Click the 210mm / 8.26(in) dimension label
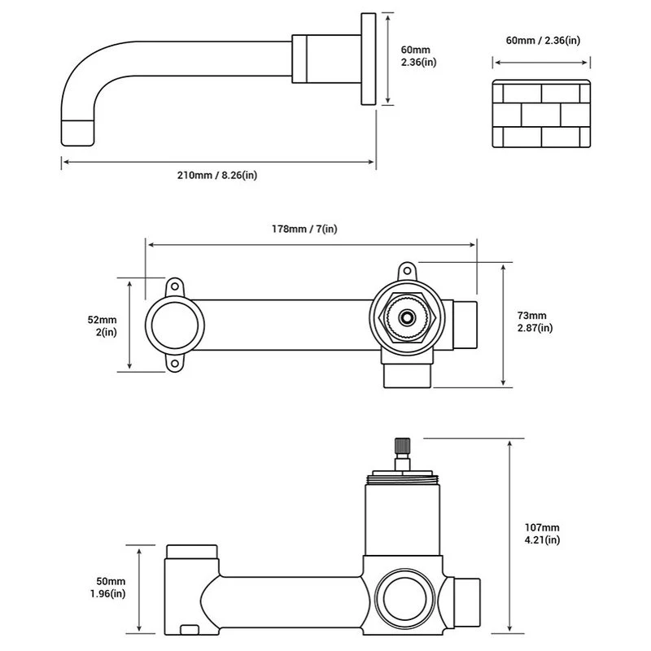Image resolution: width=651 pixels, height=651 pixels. (x=218, y=174)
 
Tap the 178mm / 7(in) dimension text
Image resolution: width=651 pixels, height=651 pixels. (x=304, y=229)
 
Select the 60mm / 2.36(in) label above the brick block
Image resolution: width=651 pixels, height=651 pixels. (x=543, y=41)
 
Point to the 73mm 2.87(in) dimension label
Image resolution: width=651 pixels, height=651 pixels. (x=535, y=321)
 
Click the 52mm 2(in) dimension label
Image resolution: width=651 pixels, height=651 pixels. (x=103, y=325)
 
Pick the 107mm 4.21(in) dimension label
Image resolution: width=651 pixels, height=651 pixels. (x=542, y=533)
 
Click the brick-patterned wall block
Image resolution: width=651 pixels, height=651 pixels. (x=542, y=114)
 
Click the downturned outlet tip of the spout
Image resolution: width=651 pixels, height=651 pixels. (x=78, y=130)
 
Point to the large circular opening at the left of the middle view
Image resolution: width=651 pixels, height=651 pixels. (x=173, y=325)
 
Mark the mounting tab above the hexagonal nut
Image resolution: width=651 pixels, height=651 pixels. (x=406, y=270)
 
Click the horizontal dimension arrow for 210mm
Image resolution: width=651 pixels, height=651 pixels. (x=218, y=162)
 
